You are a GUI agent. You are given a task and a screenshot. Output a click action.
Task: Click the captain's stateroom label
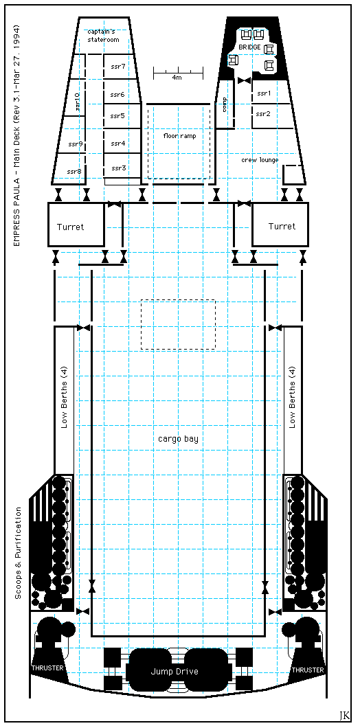tap(103, 36)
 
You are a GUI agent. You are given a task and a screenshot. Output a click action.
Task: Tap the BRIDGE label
tap(250, 47)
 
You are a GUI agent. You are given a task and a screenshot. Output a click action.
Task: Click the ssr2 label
tap(263, 114)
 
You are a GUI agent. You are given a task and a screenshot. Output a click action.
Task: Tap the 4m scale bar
tap(179, 73)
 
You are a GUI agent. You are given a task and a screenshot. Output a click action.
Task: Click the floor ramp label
tap(180, 136)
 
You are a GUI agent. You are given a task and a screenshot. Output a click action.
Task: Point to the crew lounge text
tap(260, 160)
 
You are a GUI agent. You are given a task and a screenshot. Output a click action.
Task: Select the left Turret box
tap(76, 225)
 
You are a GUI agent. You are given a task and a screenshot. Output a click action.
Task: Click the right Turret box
tap(280, 225)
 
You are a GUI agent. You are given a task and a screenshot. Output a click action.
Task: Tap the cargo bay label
tap(178, 439)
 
